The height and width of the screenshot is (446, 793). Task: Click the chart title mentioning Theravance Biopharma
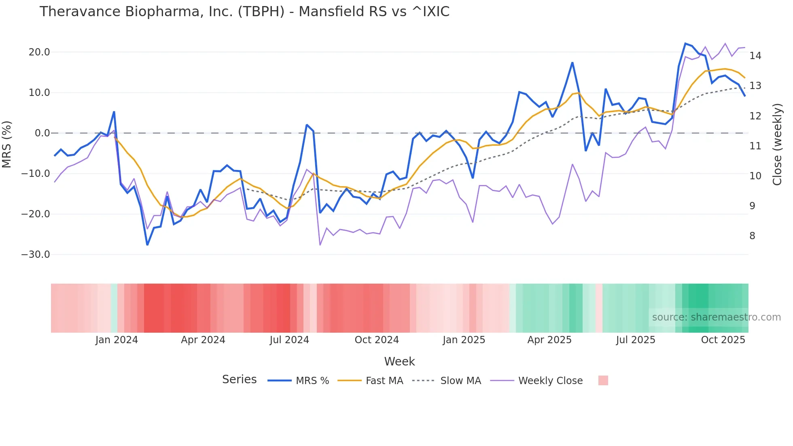[x=244, y=12]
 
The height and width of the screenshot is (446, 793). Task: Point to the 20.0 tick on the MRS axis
[x=39, y=52]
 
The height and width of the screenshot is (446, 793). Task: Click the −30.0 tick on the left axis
[x=36, y=255]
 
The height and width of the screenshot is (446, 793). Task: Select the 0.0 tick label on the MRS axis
[x=42, y=133]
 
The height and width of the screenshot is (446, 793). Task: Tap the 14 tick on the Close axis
[x=755, y=56]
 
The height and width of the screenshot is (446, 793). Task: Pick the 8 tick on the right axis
[x=752, y=236]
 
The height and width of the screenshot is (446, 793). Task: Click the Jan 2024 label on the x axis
[x=117, y=340]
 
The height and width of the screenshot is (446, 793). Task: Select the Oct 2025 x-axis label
[x=723, y=340]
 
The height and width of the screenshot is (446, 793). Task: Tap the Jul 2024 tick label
[x=289, y=340]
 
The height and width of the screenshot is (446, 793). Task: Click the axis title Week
[x=399, y=361]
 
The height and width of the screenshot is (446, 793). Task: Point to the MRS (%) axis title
[x=7, y=144]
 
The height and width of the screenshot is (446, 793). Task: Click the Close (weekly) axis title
[x=777, y=144]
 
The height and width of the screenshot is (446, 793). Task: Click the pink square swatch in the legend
[x=603, y=380]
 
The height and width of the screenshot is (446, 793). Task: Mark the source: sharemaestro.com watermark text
[x=716, y=317]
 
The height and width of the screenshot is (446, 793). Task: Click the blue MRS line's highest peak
[x=685, y=43]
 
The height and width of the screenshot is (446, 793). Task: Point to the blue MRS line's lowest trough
[x=147, y=245]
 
